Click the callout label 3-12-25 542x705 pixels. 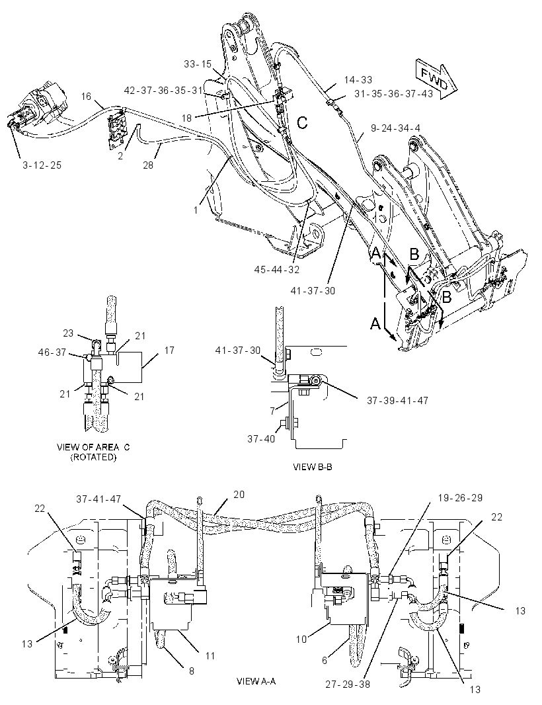click(42, 165)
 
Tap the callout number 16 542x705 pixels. click(86, 96)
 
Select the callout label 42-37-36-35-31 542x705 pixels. click(163, 91)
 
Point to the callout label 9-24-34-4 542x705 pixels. click(395, 128)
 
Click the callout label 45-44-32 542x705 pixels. click(277, 269)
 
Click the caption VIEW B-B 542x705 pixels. click(313, 467)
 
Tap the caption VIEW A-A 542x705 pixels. click(256, 681)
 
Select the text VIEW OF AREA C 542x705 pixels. click(93, 447)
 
